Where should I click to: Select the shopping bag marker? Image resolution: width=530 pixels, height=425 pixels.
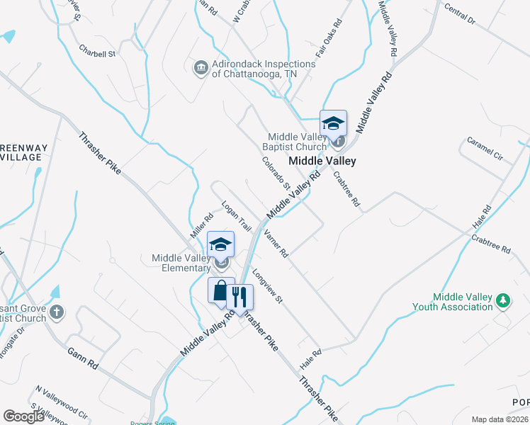pyautogui.click(x=221, y=291)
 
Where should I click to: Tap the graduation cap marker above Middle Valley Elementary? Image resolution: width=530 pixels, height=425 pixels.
pyautogui.click(x=221, y=245)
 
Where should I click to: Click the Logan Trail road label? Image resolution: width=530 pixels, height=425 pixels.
pyautogui.click(x=237, y=217)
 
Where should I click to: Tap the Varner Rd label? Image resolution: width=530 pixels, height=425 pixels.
pyautogui.click(x=276, y=243)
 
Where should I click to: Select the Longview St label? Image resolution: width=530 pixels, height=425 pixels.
pyautogui.click(x=267, y=290)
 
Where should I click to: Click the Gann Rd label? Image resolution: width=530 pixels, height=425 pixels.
pyautogui.click(x=83, y=358)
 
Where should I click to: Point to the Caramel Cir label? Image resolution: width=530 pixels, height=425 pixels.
pyautogui.click(x=485, y=149)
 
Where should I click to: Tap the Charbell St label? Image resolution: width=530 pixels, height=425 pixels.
pyautogui.click(x=97, y=52)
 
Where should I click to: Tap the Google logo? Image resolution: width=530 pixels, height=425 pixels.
pyautogui.click(x=24, y=416)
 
